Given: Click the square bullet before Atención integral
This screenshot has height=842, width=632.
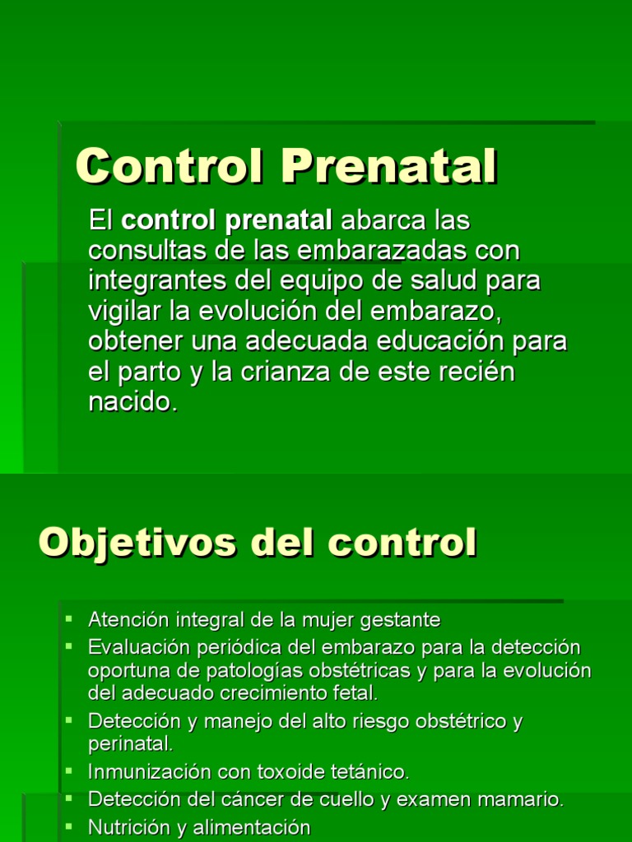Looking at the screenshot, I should point(70,618).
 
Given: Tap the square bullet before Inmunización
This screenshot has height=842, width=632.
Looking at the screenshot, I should point(70,770).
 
